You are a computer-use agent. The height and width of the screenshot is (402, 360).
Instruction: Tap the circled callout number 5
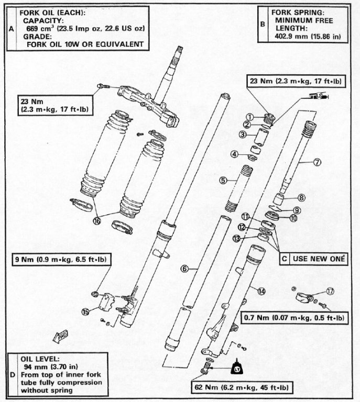[223, 180]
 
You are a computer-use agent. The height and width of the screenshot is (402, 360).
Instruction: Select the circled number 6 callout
[184, 269]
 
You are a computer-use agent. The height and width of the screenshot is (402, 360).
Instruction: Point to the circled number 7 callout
[318, 162]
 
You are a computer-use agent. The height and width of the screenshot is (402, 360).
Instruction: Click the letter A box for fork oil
[12, 29]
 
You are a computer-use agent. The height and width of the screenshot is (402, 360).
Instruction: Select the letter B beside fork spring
[263, 25]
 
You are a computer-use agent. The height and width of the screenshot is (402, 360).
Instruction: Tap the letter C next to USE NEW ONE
[284, 258]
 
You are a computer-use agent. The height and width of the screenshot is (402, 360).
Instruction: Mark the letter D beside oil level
[12, 374]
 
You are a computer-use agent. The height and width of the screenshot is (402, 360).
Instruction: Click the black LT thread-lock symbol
[236, 371]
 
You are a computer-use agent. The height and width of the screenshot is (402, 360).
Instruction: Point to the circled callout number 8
[301, 198]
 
